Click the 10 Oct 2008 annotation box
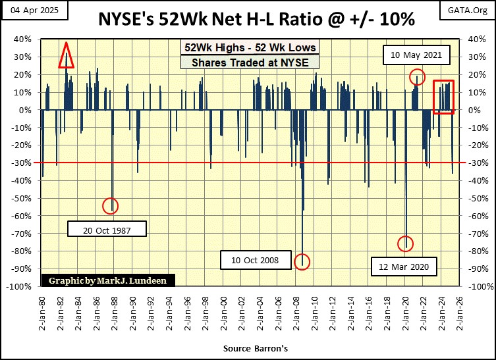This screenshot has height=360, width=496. coord(254,261)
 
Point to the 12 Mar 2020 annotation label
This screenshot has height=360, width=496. coord(404,267)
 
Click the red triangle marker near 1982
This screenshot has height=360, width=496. coord(65,56)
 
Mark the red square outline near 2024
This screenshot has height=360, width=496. coord(443,97)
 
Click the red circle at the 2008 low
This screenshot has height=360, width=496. coord(302,261)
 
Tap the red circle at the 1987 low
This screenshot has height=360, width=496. coord(111,206)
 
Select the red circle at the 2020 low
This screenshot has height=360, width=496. coord(406,244)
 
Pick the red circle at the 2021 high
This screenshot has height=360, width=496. coord(416,76)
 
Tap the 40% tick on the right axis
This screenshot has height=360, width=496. coord(478,39)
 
